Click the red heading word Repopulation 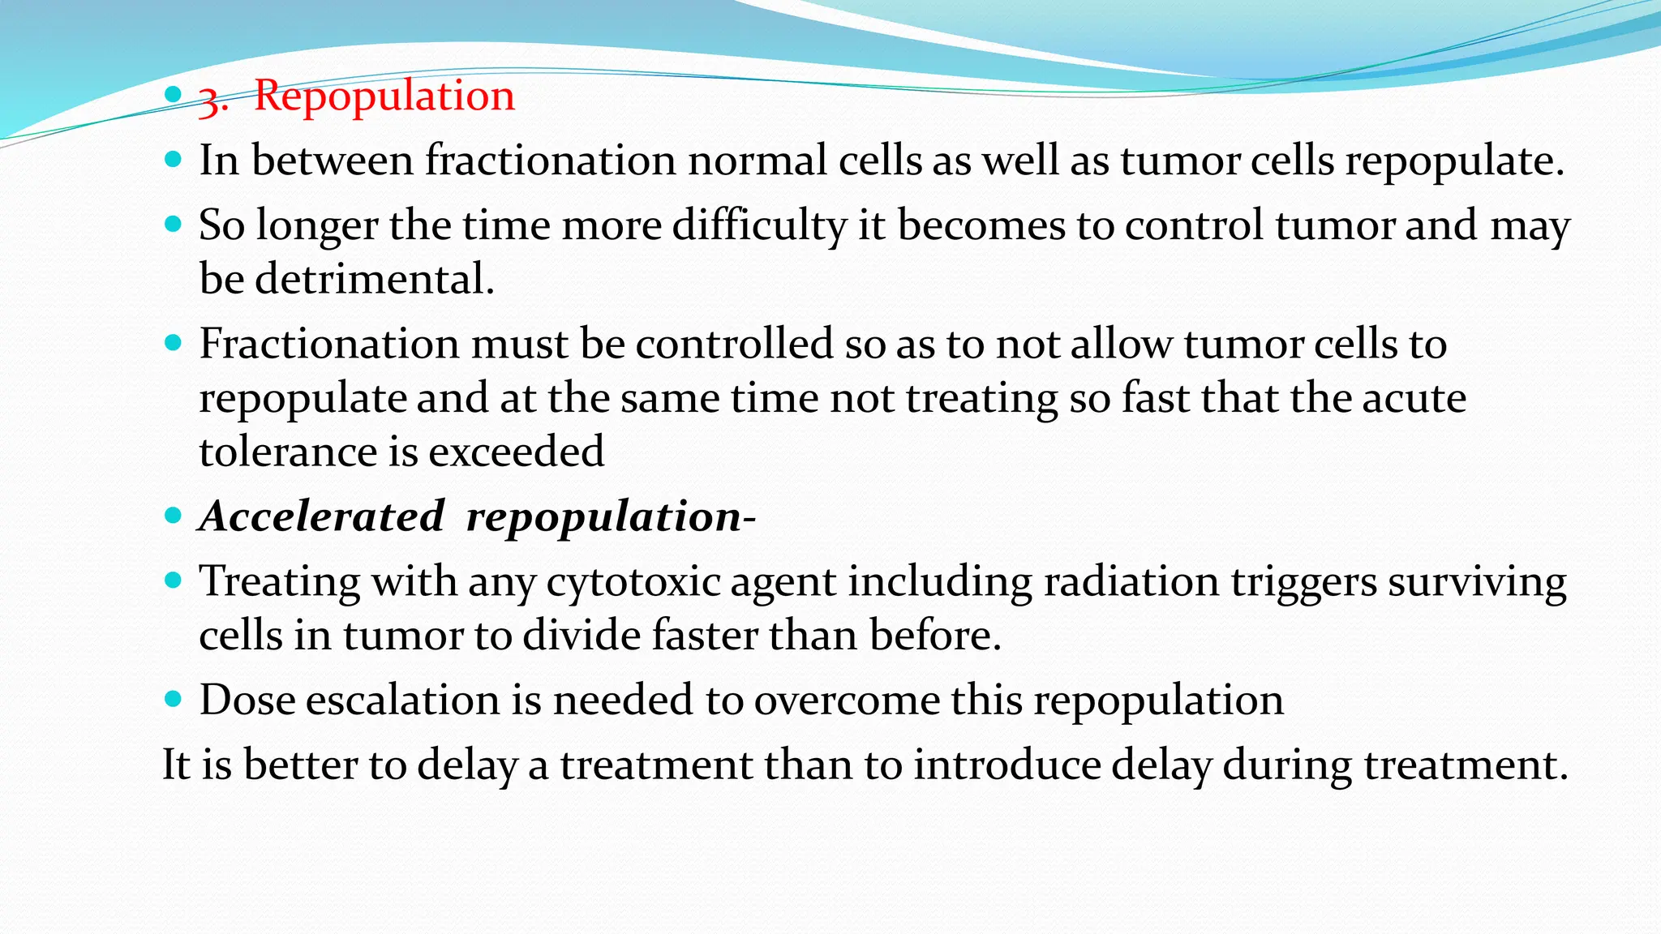(384, 96)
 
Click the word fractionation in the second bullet (551, 160)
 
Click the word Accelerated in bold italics (322, 516)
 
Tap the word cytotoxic (633, 582)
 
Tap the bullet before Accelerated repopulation (173, 515)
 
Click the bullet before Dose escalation (173, 698)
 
